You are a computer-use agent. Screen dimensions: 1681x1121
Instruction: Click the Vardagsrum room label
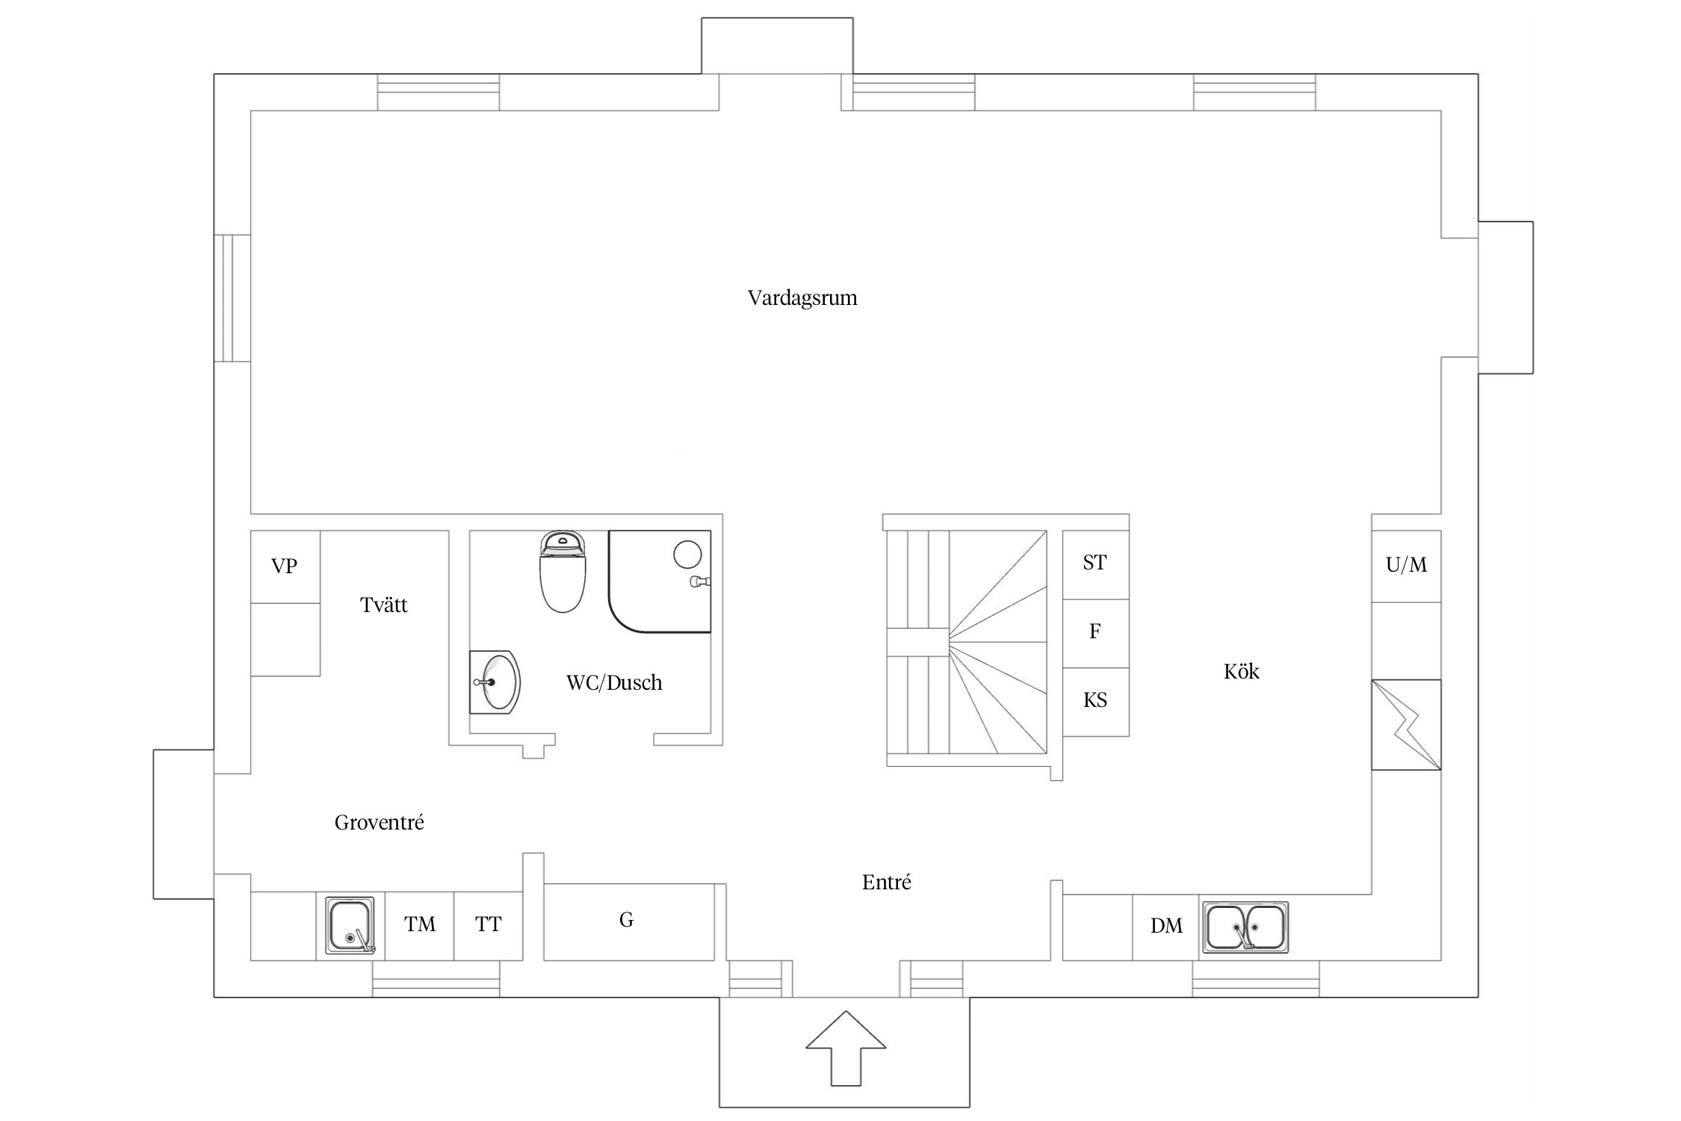pos(802,298)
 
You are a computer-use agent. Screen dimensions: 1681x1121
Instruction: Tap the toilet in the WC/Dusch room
pos(563,572)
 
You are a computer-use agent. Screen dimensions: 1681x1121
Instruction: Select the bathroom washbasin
pos(495,682)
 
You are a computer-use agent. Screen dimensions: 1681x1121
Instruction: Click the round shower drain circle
pos(687,555)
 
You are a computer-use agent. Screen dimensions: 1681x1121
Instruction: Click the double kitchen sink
pos(1245,927)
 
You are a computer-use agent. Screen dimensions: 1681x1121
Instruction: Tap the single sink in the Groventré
pos(350,925)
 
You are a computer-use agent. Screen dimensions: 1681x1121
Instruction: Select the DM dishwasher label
pos(1166,926)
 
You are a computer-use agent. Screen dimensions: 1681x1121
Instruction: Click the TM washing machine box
pos(420,925)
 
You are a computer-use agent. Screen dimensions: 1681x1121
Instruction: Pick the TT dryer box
pos(489,925)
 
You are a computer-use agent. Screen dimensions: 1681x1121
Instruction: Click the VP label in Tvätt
pos(284,566)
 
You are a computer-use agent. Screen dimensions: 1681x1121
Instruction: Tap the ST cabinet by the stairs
pos(1095,565)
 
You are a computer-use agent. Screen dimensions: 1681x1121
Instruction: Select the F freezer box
pos(1095,634)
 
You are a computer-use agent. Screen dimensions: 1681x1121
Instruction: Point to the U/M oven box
pos(1406,566)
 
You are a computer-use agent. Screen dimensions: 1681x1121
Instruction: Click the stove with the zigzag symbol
pos(1406,725)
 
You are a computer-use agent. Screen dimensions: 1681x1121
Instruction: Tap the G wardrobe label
pos(626,920)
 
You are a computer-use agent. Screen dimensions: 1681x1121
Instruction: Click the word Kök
pos(1241,671)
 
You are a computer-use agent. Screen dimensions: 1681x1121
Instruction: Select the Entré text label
pos(887,883)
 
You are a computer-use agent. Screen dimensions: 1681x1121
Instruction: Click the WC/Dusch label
pos(614,682)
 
